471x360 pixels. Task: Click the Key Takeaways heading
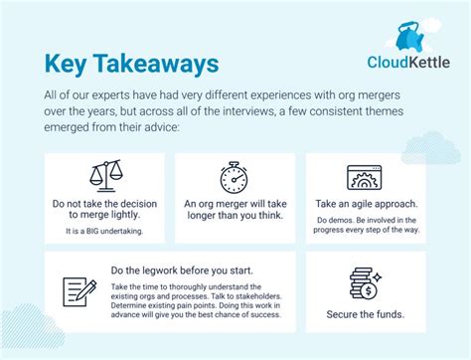132,63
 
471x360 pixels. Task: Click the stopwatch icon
235,177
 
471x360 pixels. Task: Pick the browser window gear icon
365,177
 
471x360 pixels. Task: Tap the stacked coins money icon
365,284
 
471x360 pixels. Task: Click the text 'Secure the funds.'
365,315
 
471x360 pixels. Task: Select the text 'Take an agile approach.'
366,203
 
